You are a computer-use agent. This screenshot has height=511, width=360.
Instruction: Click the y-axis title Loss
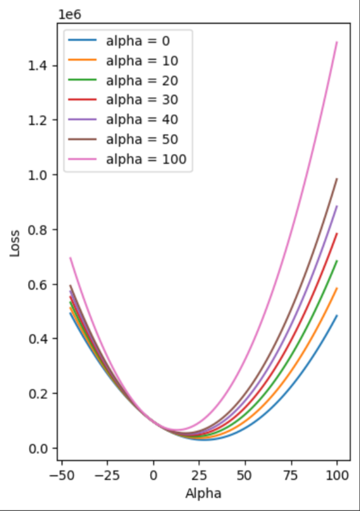click(x=14, y=241)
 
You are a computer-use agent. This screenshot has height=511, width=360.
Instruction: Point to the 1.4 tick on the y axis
click(x=40, y=66)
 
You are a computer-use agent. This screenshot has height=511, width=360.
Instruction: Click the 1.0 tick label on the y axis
click(x=40, y=175)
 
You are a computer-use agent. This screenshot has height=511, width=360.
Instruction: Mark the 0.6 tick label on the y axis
click(x=40, y=284)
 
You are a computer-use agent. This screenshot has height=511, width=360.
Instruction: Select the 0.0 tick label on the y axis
click(x=40, y=448)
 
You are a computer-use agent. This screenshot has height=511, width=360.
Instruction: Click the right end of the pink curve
click(x=337, y=42)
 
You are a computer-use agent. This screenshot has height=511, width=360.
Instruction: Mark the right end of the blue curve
click(x=337, y=315)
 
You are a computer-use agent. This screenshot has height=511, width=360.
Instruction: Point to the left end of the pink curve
click(x=71, y=258)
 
